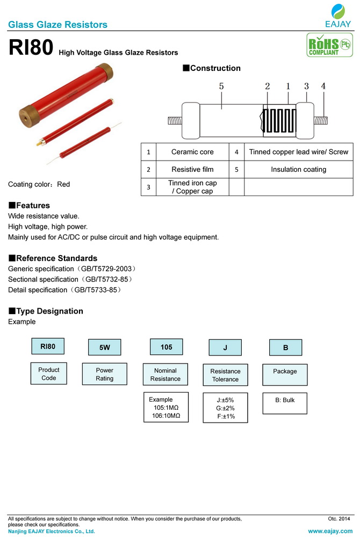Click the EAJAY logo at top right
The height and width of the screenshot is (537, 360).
(338, 16)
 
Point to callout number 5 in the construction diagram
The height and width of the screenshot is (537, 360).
(221, 86)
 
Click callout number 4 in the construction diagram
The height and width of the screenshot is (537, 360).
(323, 86)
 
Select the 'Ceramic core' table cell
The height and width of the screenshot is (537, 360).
(192, 152)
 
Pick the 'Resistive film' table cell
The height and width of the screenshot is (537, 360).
(192, 169)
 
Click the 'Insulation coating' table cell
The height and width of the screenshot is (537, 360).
(298, 169)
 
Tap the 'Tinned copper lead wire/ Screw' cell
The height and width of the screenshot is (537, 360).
(298, 152)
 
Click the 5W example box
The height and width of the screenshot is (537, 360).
(105, 347)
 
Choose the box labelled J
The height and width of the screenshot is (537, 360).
(225, 347)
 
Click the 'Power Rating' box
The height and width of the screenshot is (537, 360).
(105, 374)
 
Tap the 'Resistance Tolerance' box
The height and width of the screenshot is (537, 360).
(225, 375)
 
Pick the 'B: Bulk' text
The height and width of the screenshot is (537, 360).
(285, 400)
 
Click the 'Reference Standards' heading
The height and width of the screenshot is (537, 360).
(53, 258)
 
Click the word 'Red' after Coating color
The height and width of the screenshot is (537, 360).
(63, 184)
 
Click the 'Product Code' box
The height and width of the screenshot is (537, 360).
(49, 374)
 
